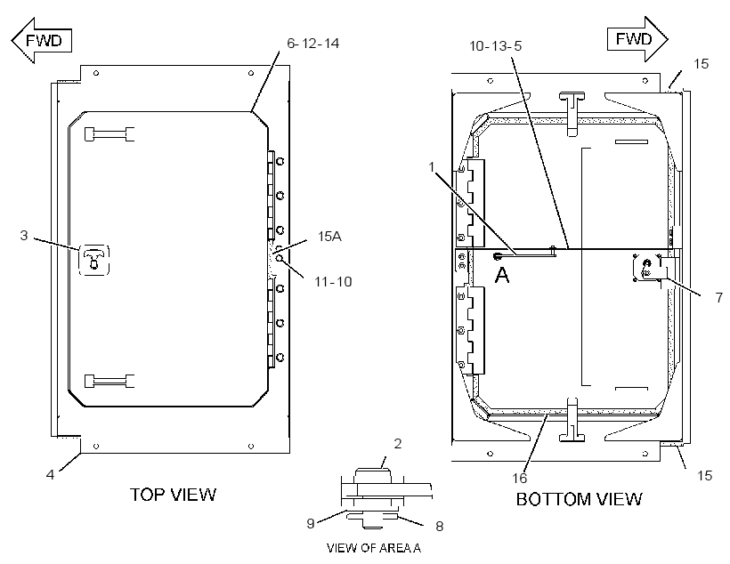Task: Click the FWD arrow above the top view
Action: tap(42, 41)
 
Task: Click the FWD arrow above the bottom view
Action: tap(637, 39)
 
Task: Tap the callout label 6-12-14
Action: tap(312, 44)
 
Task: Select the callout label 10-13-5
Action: tap(495, 46)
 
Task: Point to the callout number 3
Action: tap(24, 236)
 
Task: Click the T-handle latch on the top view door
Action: tap(94, 260)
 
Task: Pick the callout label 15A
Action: tap(329, 237)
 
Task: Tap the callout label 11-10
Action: tap(333, 281)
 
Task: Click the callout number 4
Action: tap(50, 474)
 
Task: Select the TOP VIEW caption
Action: tap(173, 495)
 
